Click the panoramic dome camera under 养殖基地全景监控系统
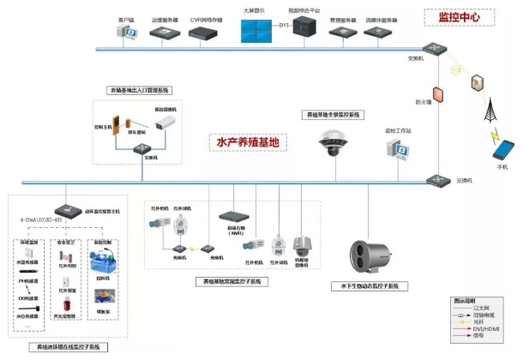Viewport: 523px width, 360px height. pos(334,143)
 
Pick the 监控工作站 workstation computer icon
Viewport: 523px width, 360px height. pos(398,151)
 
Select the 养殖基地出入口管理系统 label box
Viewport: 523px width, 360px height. pos(139,89)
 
